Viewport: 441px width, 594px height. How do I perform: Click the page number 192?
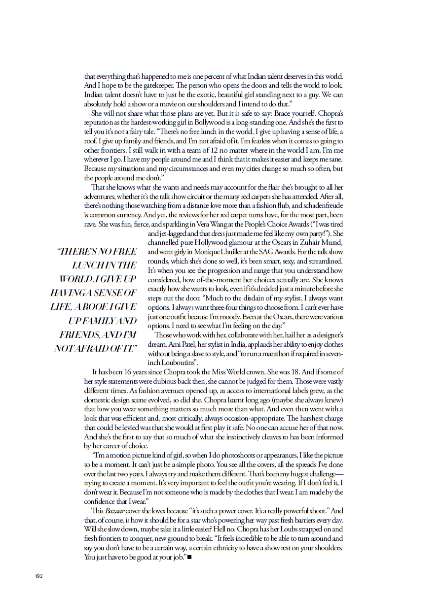pyautogui.click(x=39, y=576)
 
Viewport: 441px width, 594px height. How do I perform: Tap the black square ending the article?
pyautogui.click(x=189, y=557)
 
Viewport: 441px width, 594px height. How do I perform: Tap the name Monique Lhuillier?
pyautogui.click(x=209, y=252)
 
